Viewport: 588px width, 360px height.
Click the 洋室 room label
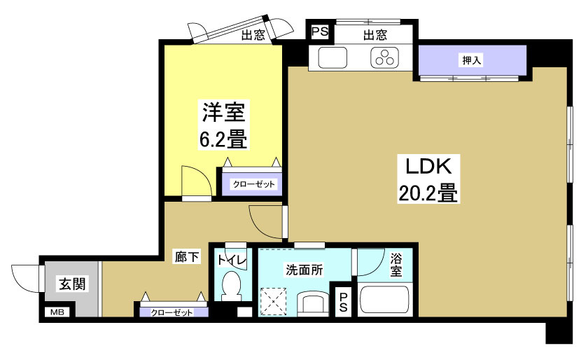click(223, 112)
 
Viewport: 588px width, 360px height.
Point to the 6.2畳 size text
click(223, 139)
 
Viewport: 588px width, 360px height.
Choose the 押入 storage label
click(471, 60)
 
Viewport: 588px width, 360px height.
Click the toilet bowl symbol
click(230, 286)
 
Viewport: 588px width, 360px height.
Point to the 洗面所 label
click(302, 269)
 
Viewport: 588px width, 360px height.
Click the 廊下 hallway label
click(187, 258)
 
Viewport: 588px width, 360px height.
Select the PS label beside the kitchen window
click(319, 32)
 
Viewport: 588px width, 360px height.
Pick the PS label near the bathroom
click(343, 303)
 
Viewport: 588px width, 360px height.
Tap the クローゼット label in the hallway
click(172, 312)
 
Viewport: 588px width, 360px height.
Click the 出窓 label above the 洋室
click(252, 36)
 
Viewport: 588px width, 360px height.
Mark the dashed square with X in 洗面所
click(274, 302)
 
